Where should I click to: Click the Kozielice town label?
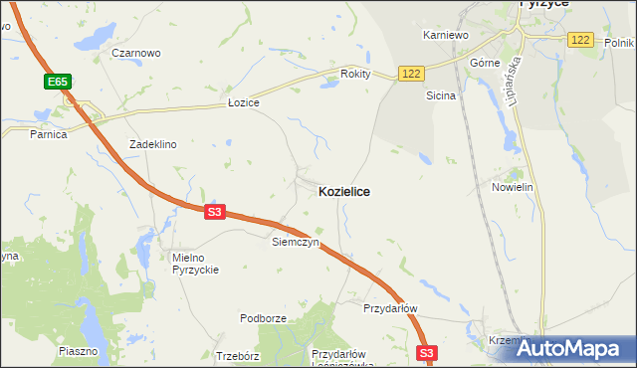pos(343,191)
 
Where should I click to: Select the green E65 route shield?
pos(55,81)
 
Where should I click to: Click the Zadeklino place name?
pos(152,144)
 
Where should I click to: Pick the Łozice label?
pos(243,103)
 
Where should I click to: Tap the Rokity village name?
pos(355,74)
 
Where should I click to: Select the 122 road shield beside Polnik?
pos(581,40)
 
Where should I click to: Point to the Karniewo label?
pos(445,35)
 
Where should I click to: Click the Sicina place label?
pos(441,96)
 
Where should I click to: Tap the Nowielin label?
pos(514,187)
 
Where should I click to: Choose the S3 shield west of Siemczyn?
pos(216,212)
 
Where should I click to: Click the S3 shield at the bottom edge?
pos(427,353)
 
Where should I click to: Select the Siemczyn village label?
pos(295,242)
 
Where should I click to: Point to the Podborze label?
pos(263,318)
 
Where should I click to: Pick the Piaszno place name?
pos(79,351)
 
